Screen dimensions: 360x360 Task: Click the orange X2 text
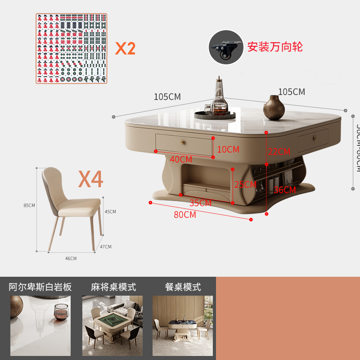point(125,48)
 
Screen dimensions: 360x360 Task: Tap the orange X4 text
point(91,179)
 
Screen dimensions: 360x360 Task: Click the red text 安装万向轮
point(275,47)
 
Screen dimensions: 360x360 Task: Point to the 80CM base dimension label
point(185,215)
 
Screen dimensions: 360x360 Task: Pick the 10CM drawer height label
point(228,149)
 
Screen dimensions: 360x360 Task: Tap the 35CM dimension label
point(200,203)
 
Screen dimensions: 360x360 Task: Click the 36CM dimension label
point(284,190)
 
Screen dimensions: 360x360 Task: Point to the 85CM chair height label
point(29,205)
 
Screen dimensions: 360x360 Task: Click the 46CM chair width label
point(71,258)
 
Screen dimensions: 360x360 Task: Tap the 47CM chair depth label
point(106,247)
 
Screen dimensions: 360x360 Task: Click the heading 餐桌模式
point(183,287)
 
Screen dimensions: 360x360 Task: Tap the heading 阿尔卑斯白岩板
point(40,287)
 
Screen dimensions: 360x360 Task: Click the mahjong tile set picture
point(72,48)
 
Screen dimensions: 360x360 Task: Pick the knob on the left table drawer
point(183,142)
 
